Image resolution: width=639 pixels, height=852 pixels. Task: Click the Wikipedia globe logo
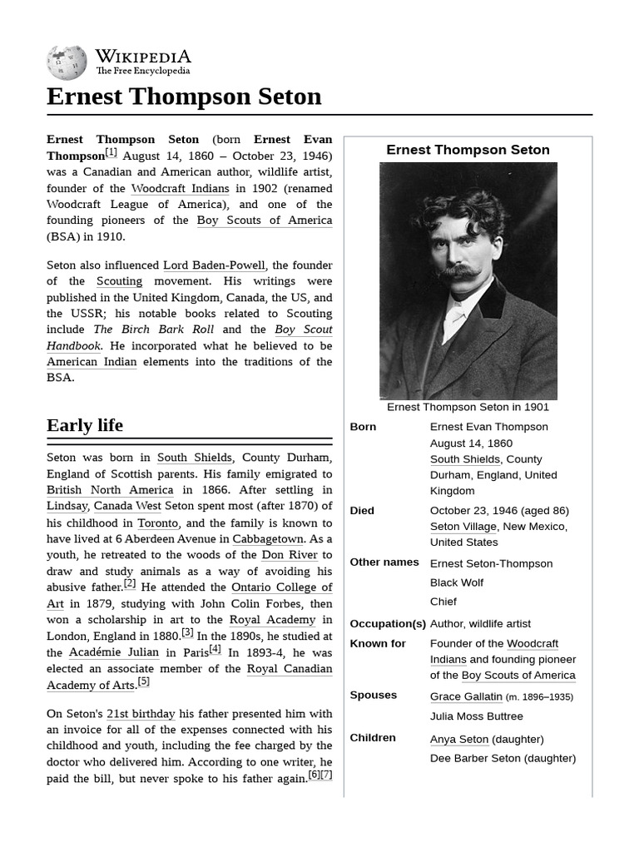[x=67, y=61]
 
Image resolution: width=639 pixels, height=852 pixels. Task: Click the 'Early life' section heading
[x=85, y=425]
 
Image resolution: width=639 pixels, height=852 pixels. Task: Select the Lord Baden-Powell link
[x=214, y=265]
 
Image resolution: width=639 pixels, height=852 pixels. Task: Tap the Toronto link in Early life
[x=158, y=523]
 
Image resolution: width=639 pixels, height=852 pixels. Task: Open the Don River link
[x=290, y=555]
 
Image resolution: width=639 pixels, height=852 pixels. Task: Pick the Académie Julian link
[x=114, y=652]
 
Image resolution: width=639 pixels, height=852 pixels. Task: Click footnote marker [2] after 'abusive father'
[x=130, y=584]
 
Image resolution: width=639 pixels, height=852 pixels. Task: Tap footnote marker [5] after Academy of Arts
[x=144, y=681]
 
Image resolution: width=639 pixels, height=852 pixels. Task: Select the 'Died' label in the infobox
[x=362, y=511]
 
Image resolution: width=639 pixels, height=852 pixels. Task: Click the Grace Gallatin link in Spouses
[x=466, y=696]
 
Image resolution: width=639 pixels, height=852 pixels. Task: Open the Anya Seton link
[x=458, y=739]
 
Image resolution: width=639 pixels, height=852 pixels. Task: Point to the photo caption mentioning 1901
[x=468, y=407]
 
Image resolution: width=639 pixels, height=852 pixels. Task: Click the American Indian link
[x=92, y=362]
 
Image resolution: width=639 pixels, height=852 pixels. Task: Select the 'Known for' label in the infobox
[x=378, y=644]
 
